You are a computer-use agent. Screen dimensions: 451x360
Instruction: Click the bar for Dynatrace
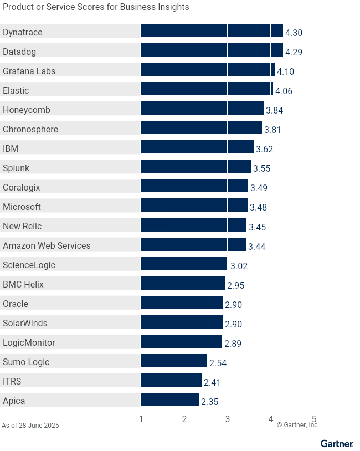point(212,30)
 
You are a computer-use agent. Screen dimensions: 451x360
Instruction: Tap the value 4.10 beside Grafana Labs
point(285,71)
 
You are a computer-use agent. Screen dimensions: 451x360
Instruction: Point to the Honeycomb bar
point(202,108)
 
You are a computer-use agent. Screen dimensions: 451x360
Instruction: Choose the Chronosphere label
point(30,129)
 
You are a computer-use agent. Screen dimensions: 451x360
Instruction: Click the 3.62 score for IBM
point(264,149)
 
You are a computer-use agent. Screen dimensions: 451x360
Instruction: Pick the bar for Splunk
point(196,166)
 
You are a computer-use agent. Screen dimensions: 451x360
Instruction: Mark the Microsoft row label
point(22,207)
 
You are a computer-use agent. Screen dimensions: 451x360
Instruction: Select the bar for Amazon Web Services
point(193,244)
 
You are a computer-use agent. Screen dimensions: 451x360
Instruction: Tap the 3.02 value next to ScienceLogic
point(239,266)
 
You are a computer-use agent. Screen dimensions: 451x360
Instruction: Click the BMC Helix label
point(23,284)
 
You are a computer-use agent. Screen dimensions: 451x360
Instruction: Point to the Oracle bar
point(182,302)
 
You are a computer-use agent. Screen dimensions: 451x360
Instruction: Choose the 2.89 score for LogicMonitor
point(233,344)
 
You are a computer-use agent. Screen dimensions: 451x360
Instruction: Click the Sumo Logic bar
point(174,360)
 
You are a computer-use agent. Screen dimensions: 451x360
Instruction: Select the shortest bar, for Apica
point(169,399)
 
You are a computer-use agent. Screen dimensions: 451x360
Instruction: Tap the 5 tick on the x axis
point(314,419)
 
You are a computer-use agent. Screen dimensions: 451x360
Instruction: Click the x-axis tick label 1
point(141,419)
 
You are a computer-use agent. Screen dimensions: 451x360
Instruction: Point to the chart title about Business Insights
point(96,7)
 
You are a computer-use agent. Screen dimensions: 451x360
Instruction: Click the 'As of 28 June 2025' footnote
point(30,426)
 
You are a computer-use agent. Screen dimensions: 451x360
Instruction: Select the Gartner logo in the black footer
point(336,444)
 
